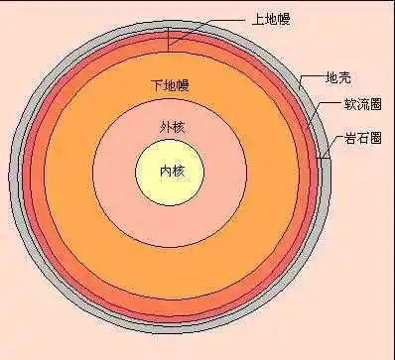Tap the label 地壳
click(x=338, y=76)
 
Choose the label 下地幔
click(x=170, y=85)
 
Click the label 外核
click(x=171, y=127)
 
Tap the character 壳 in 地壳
click(x=345, y=76)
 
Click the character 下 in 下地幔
click(x=156, y=85)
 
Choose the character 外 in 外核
click(x=164, y=127)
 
